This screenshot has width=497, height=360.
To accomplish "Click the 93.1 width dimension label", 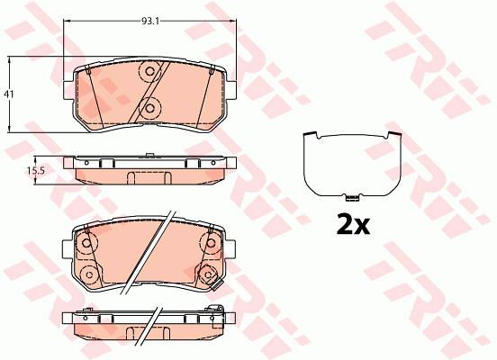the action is [x=149, y=22].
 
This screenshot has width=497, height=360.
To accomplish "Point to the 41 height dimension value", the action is [x=9, y=94].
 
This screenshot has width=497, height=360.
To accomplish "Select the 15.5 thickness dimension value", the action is [x=35, y=171].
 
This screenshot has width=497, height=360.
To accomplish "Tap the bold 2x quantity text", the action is [x=353, y=224].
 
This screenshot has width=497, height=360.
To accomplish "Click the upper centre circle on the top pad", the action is [x=150, y=71].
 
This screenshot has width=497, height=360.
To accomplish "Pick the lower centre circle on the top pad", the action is [x=150, y=108].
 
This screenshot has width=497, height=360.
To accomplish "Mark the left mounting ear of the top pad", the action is [x=68, y=90].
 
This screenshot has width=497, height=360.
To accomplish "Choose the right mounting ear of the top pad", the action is [x=230, y=90].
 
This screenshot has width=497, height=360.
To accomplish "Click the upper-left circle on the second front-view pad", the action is [x=86, y=243].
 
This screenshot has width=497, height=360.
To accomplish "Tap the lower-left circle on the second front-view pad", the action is [x=89, y=274].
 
